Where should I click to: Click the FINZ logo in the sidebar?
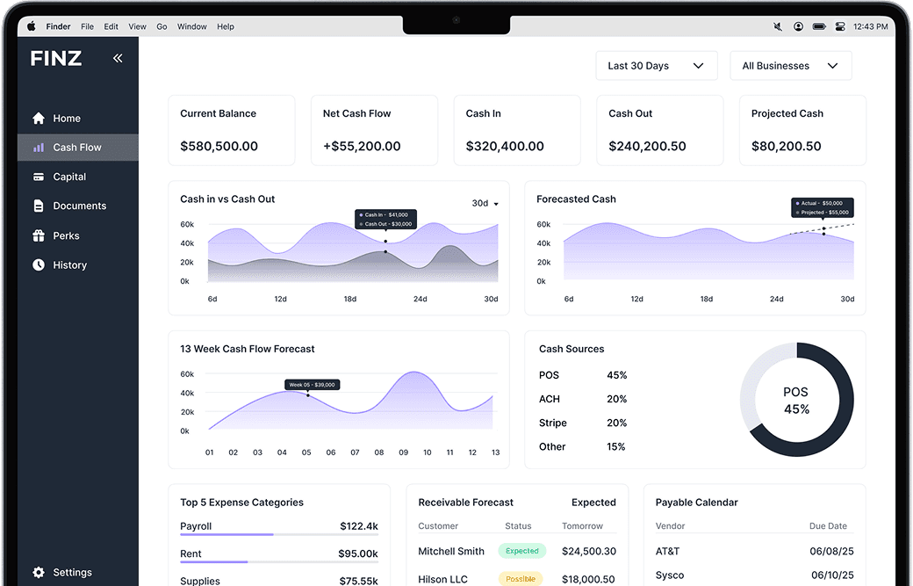[56, 59]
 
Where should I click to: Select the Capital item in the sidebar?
[69, 177]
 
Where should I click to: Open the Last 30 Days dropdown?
[656, 66]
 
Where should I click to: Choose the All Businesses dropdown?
[790, 66]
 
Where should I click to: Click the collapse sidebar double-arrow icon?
[118, 58]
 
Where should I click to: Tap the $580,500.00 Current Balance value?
[219, 147]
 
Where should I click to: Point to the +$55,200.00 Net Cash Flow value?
[361, 147]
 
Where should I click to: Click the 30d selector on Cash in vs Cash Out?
[485, 203]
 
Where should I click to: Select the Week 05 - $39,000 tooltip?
[313, 385]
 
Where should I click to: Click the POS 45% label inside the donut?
[796, 401]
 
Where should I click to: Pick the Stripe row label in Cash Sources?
[552, 423]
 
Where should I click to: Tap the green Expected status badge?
[521, 551]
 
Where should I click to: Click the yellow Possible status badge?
[521, 579]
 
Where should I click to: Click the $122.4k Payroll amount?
[358, 526]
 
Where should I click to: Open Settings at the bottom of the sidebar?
[71, 572]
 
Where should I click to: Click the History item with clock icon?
[69, 264]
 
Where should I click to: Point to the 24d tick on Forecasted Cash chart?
[776, 299]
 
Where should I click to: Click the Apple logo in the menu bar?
[32, 26]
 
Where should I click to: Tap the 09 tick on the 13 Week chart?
[403, 452]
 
